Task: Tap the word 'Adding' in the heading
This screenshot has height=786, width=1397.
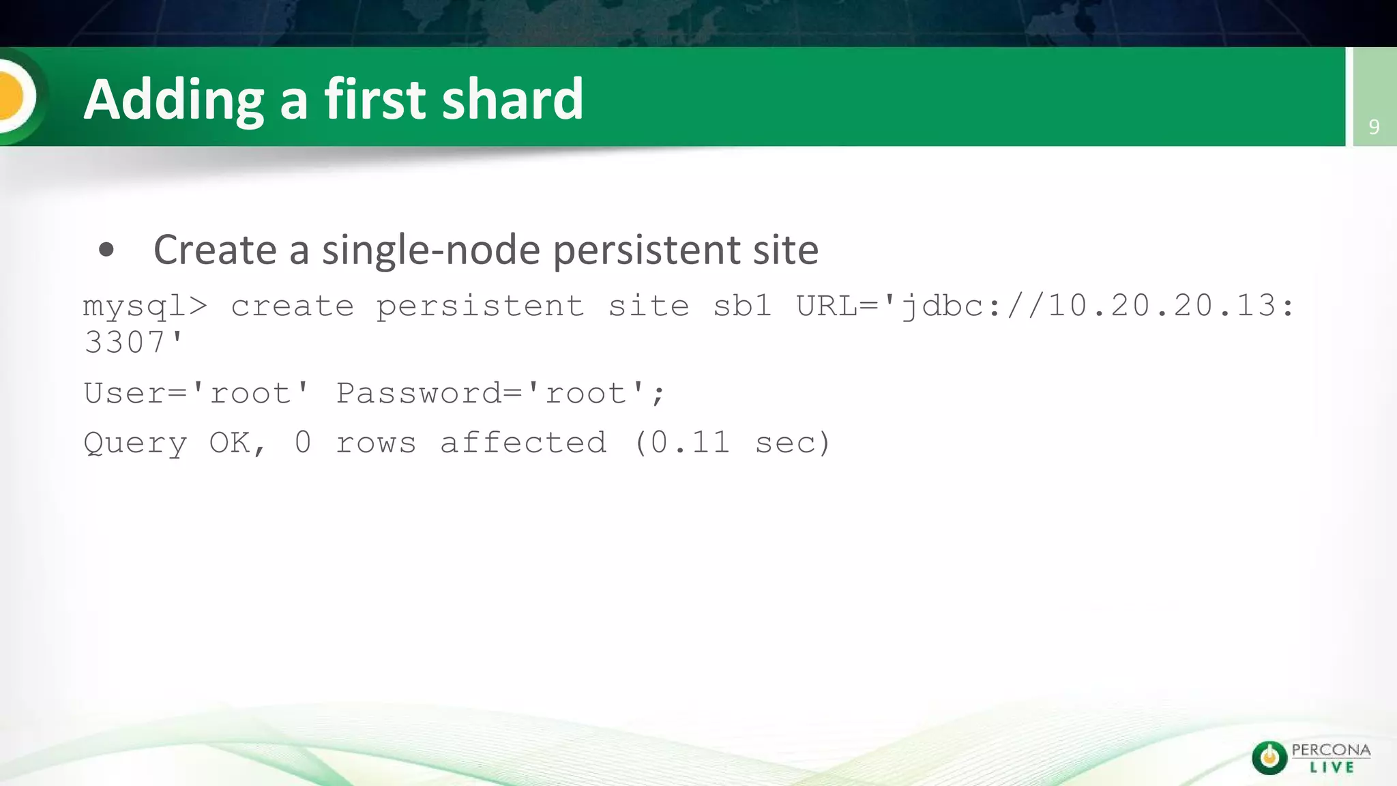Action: (173, 100)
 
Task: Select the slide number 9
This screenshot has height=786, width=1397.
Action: (1374, 127)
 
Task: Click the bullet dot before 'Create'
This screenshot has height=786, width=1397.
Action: (106, 250)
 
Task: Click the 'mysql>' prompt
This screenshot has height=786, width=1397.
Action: (145, 306)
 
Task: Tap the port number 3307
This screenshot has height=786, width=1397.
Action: (124, 343)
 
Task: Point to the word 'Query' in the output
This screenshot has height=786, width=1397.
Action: (135, 443)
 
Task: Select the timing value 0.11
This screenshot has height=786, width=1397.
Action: (690, 443)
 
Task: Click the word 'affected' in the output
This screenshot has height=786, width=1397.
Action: (523, 443)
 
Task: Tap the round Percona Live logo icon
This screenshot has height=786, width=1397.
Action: (1269, 757)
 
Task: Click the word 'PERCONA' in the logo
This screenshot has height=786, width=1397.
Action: (1331, 750)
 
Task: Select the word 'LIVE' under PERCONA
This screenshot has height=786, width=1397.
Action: (1332, 768)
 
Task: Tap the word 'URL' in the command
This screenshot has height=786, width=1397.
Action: (826, 306)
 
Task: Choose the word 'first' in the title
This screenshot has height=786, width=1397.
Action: (374, 99)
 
